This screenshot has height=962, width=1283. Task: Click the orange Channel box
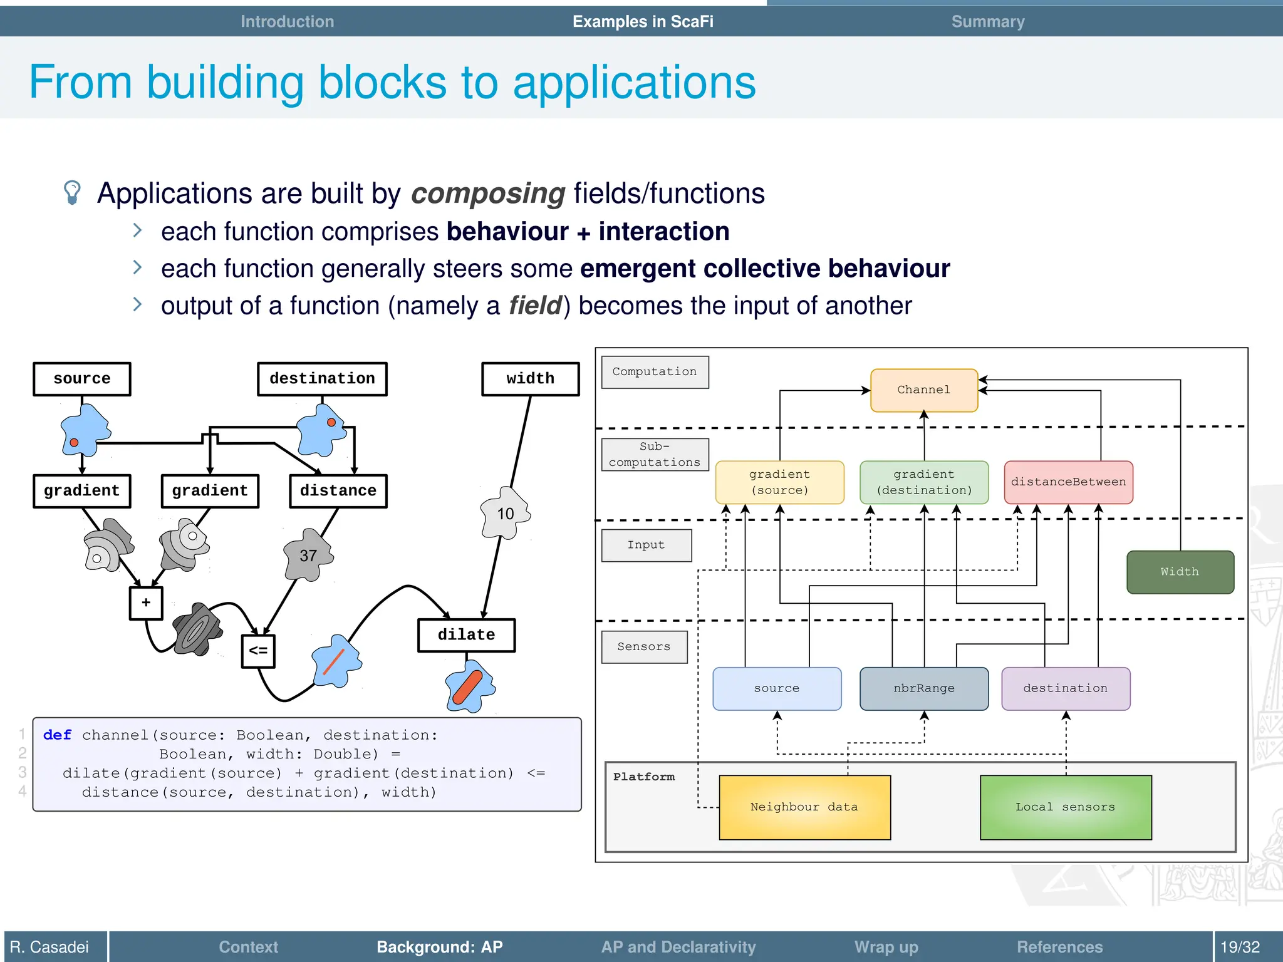pyautogui.click(x=923, y=390)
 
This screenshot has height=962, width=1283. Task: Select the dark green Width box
pyautogui.click(x=1180, y=572)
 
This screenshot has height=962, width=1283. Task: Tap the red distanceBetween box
pyautogui.click(x=1068, y=482)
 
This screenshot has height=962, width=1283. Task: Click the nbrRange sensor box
pyautogui.click(x=923, y=688)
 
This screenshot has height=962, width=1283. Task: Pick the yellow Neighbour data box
pyautogui.click(x=804, y=807)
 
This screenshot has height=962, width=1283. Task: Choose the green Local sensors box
pyautogui.click(x=1065, y=807)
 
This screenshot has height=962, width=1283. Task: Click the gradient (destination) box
pyautogui.click(x=923, y=482)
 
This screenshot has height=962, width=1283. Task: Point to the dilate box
pyautogui.click(x=466, y=635)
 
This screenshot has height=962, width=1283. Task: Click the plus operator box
pyautogui.click(x=146, y=603)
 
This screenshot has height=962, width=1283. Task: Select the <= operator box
pyautogui.click(x=258, y=651)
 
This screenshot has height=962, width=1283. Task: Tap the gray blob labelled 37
pyautogui.click(x=308, y=556)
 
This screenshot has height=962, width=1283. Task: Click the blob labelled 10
pyautogui.click(x=505, y=514)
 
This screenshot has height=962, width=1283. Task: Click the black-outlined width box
pyautogui.click(x=530, y=379)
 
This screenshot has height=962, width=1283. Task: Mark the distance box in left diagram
pyautogui.click(x=338, y=491)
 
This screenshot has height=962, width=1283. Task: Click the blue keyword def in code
pyautogui.click(x=57, y=735)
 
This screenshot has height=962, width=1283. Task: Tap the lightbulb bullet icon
pyautogui.click(x=72, y=192)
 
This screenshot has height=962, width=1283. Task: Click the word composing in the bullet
pyautogui.click(x=487, y=194)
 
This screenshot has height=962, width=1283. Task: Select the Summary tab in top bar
pyautogui.click(x=987, y=22)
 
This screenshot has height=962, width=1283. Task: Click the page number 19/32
pyautogui.click(x=1239, y=947)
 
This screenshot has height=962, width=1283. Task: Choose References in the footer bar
pyautogui.click(x=1059, y=947)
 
